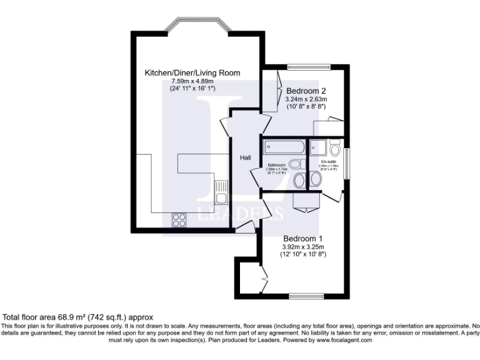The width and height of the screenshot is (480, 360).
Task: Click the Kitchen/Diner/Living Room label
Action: point(192,73)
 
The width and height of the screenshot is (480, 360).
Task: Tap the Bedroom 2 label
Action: point(306,91)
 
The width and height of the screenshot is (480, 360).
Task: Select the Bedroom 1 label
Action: point(303,238)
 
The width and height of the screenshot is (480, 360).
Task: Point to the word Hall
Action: point(246,157)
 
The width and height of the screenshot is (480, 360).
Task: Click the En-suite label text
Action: point(329,161)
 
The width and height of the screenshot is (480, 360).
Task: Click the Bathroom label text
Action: point(276,165)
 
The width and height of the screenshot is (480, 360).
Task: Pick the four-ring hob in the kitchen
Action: point(179,219)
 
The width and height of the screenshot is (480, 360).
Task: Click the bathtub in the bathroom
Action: point(284,148)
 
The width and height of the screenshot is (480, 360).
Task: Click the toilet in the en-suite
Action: point(335,149)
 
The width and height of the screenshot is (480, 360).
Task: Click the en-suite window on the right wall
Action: point(348,164)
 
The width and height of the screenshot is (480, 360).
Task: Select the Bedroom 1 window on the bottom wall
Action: point(305,296)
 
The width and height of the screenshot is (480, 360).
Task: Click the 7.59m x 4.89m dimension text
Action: point(192,81)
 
